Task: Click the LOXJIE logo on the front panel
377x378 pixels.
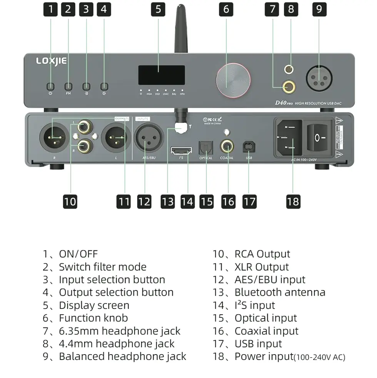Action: pyautogui.click(x=51, y=61)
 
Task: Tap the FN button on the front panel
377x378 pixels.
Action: pyautogui.click(x=68, y=86)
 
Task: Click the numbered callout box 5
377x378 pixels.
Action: pyautogui.click(x=158, y=9)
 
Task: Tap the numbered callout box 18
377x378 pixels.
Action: pyautogui.click(x=293, y=201)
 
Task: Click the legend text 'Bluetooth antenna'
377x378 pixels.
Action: pyautogui.click(x=280, y=292)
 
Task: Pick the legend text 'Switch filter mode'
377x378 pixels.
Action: pyautogui.click(x=102, y=267)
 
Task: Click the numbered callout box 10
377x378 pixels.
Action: pyautogui.click(x=70, y=201)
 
